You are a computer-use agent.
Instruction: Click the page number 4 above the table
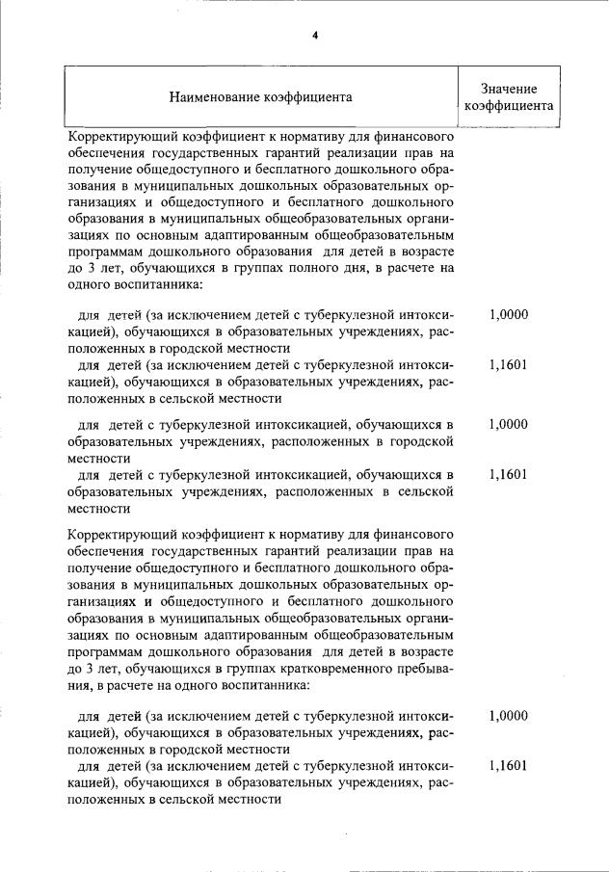pyautogui.click(x=315, y=36)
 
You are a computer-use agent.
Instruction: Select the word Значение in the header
pyautogui.click(x=508, y=89)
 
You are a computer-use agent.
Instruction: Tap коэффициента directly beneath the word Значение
pyautogui.click(x=508, y=107)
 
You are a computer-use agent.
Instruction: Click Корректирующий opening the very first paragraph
pyautogui.click(x=119, y=138)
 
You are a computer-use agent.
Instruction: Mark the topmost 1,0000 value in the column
pyautogui.click(x=508, y=315)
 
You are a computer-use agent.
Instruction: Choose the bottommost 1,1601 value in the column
pyautogui.click(x=508, y=766)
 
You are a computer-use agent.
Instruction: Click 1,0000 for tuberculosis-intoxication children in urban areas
pyautogui.click(x=508, y=424)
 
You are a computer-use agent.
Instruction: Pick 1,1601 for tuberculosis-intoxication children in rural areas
pyautogui.click(x=508, y=474)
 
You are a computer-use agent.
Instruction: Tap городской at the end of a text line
pyautogui.click(x=421, y=441)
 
